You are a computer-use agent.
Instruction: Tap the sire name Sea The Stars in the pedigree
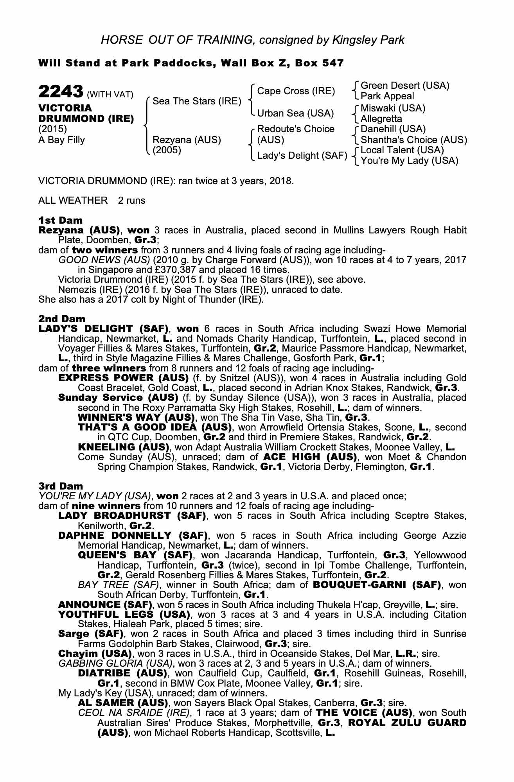coord(197,101)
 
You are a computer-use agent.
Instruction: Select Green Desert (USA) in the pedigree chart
coord(405,86)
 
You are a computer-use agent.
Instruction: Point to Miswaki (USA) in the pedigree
coord(393,108)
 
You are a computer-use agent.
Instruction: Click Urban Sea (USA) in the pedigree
coord(295,113)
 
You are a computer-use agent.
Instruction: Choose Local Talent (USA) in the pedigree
coord(402,150)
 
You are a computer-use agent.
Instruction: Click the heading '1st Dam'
coord(61,220)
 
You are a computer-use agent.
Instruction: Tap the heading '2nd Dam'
coord(62,319)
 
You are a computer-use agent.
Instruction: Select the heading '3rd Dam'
coord(61,486)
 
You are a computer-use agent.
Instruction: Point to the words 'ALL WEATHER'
coord(73,201)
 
